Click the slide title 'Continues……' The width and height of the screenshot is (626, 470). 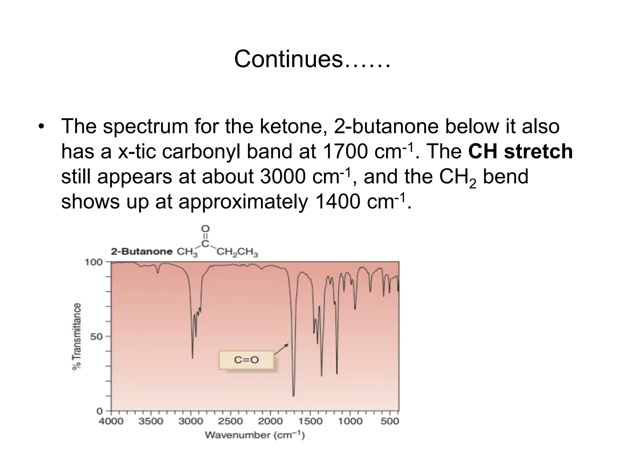(x=312, y=59)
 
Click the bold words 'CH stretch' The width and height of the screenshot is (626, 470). (x=520, y=151)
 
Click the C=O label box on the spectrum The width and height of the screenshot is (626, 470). (x=246, y=360)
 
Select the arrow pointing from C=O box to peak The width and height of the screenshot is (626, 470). (x=281, y=349)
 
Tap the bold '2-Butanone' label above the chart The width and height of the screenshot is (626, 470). (x=142, y=252)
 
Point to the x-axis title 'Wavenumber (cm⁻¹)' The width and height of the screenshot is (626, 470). (x=255, y=435)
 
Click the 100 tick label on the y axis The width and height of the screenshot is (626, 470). (x=94, y=262)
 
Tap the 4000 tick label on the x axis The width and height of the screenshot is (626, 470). (x=111, y=421)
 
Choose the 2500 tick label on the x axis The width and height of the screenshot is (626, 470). (x=230, y=421)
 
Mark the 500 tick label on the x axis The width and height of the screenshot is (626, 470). (x=390, y=421)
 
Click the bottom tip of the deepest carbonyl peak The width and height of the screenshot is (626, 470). (x=293, y=396)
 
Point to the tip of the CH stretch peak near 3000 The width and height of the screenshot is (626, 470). (x=192, y=358)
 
